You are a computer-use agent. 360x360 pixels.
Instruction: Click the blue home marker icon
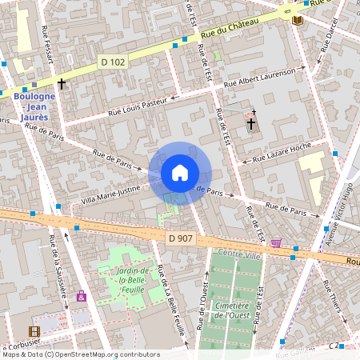pos(180,173)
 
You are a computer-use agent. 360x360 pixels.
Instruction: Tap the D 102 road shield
pos(113,62)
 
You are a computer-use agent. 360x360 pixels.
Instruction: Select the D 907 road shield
pos(181,238)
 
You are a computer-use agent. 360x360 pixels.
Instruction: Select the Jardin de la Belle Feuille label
pos(129,280)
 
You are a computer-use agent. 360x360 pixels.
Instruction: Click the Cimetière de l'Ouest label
pos(235,310)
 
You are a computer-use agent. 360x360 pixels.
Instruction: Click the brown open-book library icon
pos(298,19)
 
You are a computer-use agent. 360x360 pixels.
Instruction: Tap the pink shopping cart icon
pos(276,243)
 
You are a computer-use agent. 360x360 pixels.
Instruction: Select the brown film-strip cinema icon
pos(34,331)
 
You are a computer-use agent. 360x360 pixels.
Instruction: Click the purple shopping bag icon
pos(81,297)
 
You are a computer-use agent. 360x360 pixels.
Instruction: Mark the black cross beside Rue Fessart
pos(62,82)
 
